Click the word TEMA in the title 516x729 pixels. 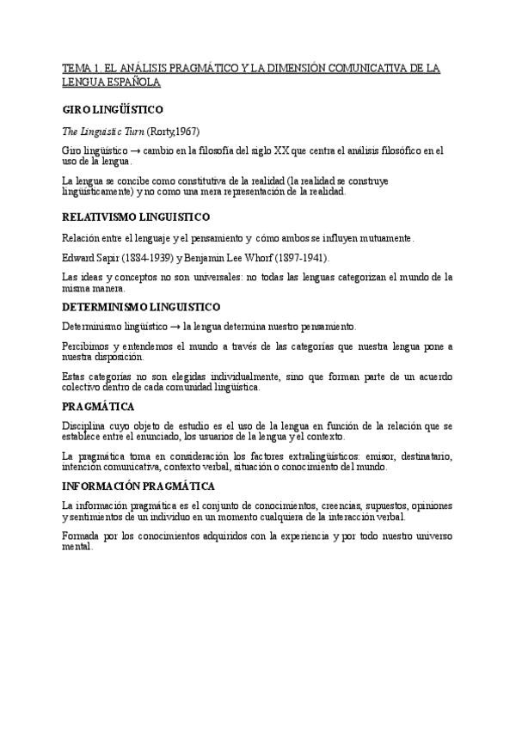[75, 69]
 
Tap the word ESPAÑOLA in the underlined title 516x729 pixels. [131, 83]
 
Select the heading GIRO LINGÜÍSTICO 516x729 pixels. [113, 110]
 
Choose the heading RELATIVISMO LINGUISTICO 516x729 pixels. [136, 217]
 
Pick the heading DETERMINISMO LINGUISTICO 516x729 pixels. [141, 306]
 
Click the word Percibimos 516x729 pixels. [84, 346]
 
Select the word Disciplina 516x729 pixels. [83, 426]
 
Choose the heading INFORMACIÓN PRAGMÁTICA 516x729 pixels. [138, 486]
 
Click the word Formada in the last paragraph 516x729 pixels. [80, 536]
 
